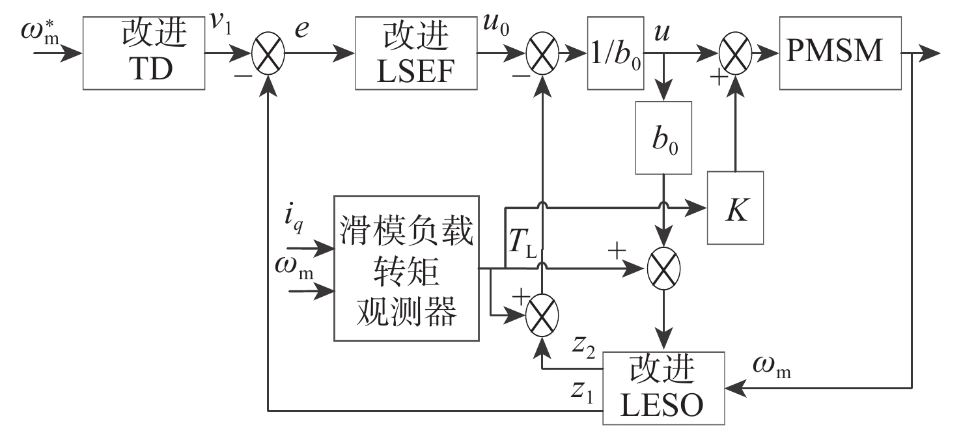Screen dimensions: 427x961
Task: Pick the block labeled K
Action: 735,208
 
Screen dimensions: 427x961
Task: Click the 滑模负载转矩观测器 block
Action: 406,268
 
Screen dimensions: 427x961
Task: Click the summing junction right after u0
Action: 542,54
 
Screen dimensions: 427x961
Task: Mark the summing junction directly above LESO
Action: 663,268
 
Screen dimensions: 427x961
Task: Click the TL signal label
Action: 522,245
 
